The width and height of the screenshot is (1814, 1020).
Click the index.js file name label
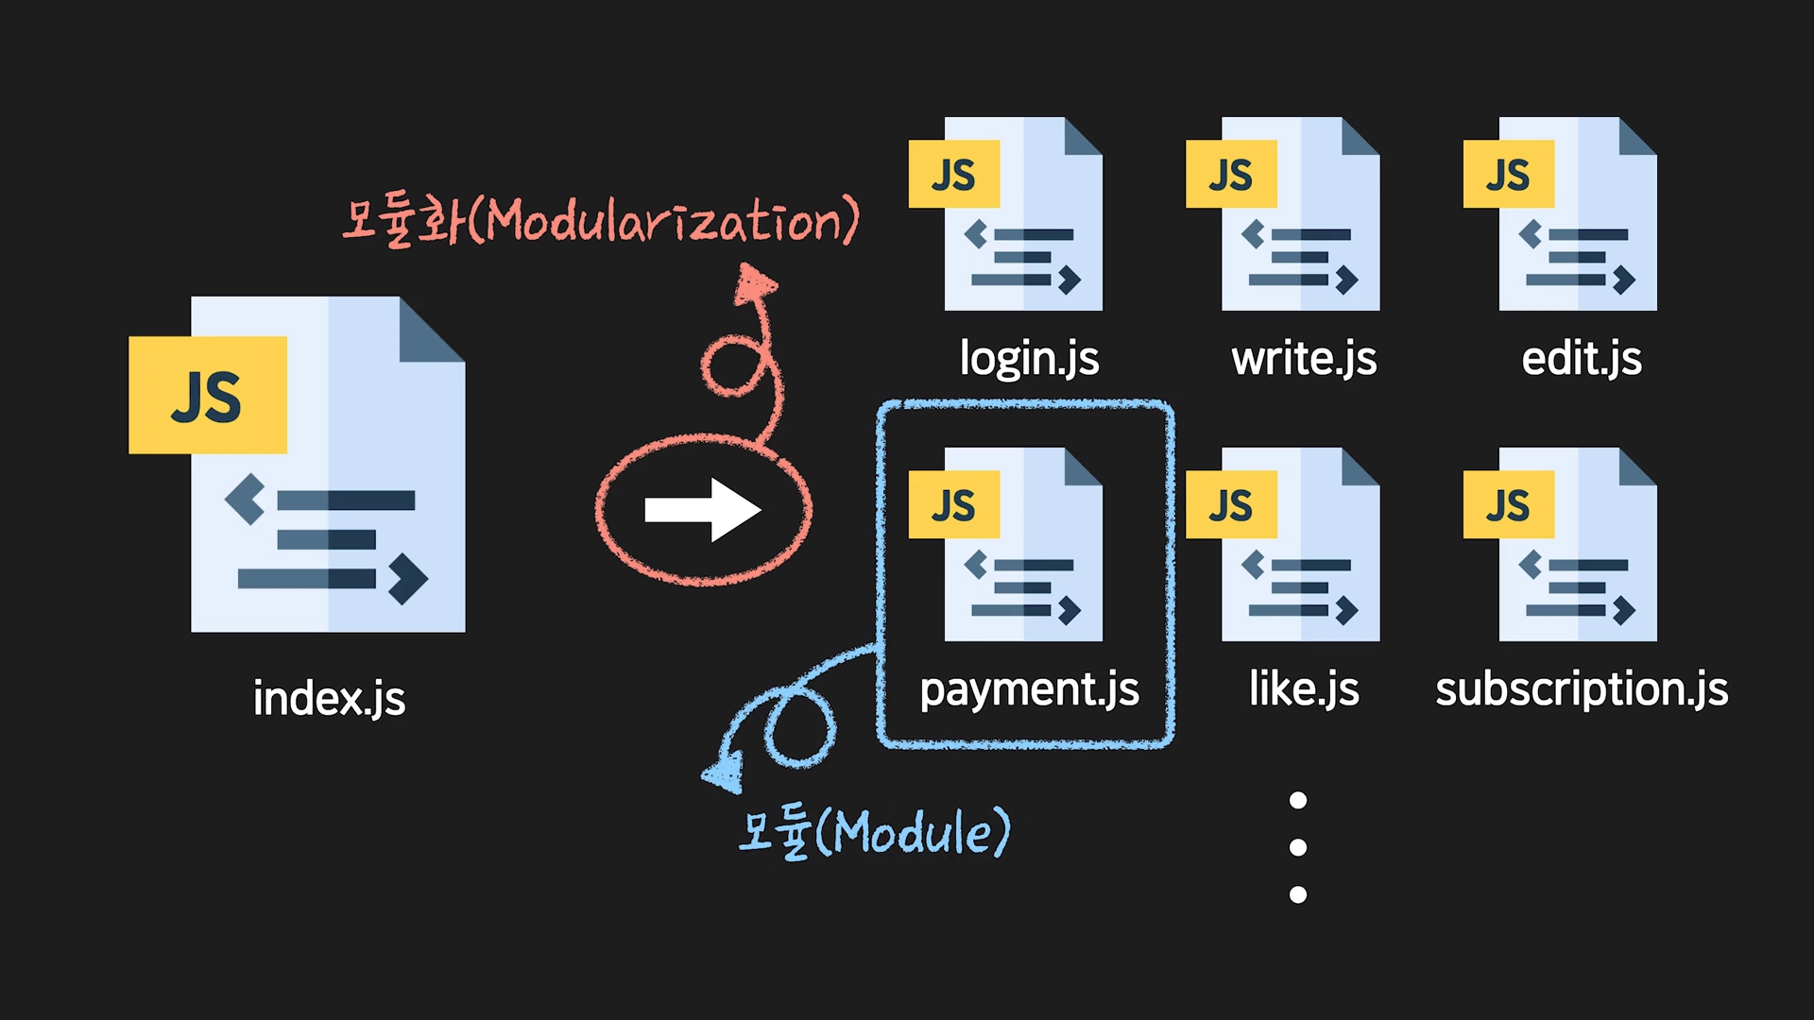coord(329,699)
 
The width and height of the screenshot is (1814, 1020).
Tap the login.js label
coord(1029,359)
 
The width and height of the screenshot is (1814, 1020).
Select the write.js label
coord(1304,359)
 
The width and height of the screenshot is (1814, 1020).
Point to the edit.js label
coord(1582,359)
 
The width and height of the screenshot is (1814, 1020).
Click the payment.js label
coord(1029,689)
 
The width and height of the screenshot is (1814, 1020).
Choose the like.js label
coord(1304,688)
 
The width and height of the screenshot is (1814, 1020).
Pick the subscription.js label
coord(1582,689)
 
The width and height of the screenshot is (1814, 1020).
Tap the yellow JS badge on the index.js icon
coord(208,396)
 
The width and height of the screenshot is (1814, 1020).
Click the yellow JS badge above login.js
coord(953,175)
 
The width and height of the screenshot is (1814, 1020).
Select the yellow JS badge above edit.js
coord(1508,175)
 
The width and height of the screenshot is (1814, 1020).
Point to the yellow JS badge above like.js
coord(1231,505)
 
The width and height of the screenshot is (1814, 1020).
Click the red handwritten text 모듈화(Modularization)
coord(601,221)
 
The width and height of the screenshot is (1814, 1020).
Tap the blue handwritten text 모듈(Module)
coord(874,832)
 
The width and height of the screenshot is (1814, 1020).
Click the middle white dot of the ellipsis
coord(1298,847)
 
